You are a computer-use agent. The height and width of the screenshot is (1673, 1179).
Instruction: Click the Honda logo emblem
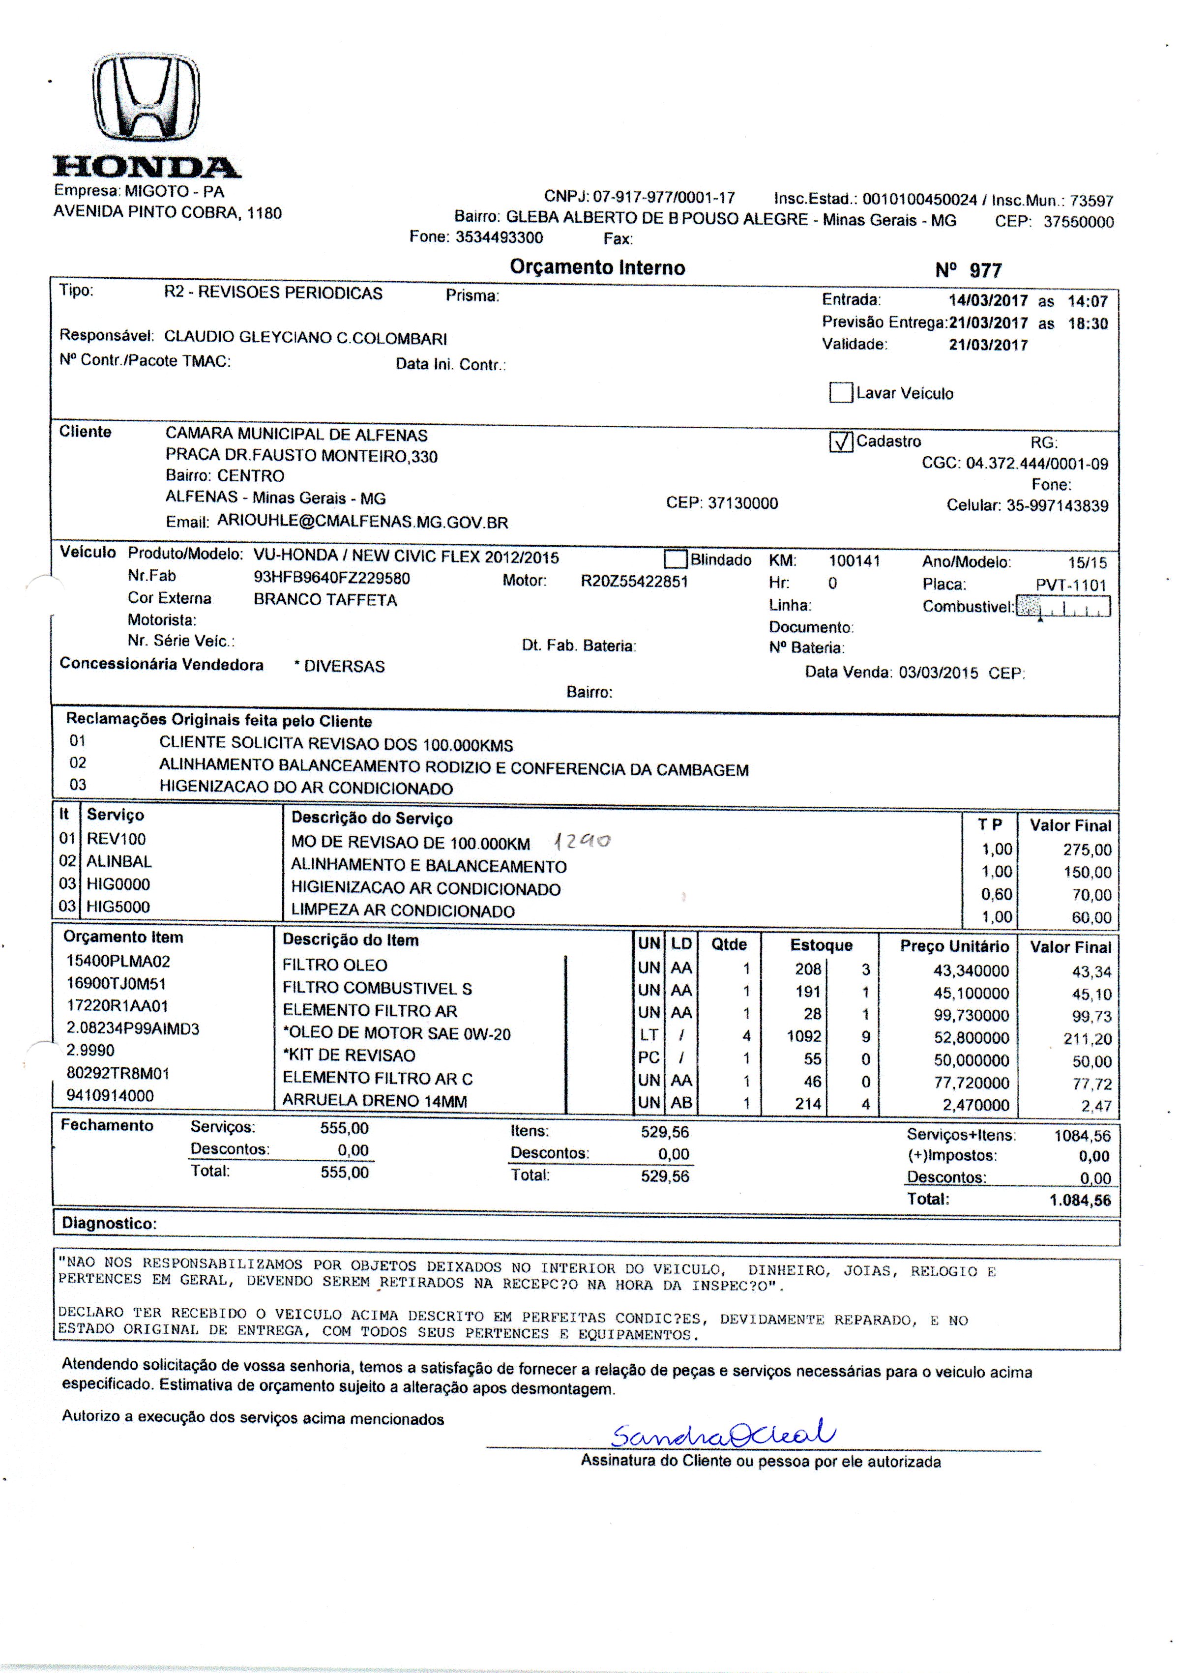(147, 98)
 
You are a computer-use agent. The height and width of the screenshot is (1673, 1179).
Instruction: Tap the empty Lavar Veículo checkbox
(841, 393)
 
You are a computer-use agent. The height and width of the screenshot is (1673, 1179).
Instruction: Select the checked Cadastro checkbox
(841, 441)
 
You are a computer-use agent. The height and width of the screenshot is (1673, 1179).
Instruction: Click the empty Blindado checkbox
(676, 559)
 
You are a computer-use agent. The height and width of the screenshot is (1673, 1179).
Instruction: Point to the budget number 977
(985, 271)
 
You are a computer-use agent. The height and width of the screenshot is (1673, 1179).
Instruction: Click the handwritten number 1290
(582, 842)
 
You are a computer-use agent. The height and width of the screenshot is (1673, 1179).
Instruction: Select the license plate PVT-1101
(1070, 585)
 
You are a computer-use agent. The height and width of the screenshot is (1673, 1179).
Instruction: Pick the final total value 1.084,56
(1080, 1200)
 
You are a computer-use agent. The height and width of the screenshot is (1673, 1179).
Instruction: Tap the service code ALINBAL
(119, 861)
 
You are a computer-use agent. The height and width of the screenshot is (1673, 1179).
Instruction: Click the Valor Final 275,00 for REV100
(1087, 850)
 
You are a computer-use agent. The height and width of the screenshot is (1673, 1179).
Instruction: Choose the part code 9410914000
(110, 1096)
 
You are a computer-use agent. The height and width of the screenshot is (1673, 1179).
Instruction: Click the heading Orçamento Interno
(597, 267)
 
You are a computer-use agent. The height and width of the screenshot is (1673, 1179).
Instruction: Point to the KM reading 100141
(854, 561)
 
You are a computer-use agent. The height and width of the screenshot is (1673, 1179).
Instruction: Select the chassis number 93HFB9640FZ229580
(331, 579)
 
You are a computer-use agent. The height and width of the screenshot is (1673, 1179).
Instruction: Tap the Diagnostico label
(109, 1224)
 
